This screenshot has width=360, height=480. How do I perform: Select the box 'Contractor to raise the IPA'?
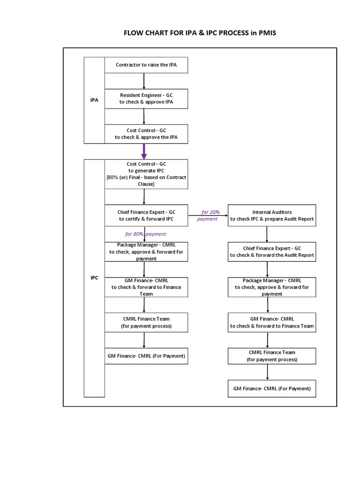tap(146, 65)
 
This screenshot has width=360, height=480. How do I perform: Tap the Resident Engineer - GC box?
tap(146, 99)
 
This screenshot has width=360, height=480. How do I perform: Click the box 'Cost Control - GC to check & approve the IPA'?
tap(146, 134)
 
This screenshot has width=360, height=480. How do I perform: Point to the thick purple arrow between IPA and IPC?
tap(144, 151)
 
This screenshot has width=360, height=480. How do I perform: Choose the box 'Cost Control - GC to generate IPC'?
tap(146, 174)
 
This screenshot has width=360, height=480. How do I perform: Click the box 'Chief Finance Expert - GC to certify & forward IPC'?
tap(146, 216)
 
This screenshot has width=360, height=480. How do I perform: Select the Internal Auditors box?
tap(271, 216)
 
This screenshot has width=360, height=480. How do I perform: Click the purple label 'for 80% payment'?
tap(145, 234)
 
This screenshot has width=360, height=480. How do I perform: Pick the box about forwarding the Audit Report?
tap(271, 252)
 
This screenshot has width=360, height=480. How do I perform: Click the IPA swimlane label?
tap(94, 100)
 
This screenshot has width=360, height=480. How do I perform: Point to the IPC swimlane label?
tap(94, 278)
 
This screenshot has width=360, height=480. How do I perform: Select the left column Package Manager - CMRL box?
tap(146, 252)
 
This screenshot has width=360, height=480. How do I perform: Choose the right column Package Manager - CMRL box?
tap(271, 287)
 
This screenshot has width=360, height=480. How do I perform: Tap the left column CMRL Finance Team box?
tap(146, 322)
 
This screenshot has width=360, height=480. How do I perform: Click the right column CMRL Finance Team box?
tap(271, 356)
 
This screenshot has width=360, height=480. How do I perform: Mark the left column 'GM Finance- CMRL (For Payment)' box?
tap(146, 356)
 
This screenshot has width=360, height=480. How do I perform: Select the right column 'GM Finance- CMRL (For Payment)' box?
tap(271, 389)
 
